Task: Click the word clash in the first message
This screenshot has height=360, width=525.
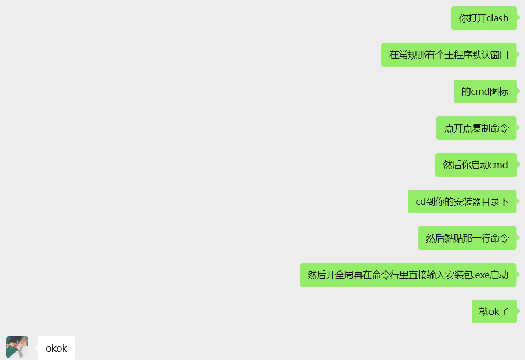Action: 497,18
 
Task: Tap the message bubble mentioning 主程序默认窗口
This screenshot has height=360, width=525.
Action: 449,55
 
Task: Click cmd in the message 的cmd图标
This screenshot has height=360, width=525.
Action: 480,92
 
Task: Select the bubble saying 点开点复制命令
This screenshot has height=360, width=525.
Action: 476,128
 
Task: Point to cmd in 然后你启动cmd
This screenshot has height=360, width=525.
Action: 498,165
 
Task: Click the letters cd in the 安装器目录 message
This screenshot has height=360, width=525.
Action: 421,202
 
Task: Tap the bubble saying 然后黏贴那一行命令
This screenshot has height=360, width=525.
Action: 467,238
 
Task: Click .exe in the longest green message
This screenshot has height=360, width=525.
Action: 481,275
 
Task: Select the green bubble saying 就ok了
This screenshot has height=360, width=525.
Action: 494,312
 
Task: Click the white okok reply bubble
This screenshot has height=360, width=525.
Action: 56,348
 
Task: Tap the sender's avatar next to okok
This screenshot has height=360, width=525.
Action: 17,347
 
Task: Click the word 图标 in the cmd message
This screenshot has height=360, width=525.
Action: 499,92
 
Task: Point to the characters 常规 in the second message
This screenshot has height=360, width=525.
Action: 409,55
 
